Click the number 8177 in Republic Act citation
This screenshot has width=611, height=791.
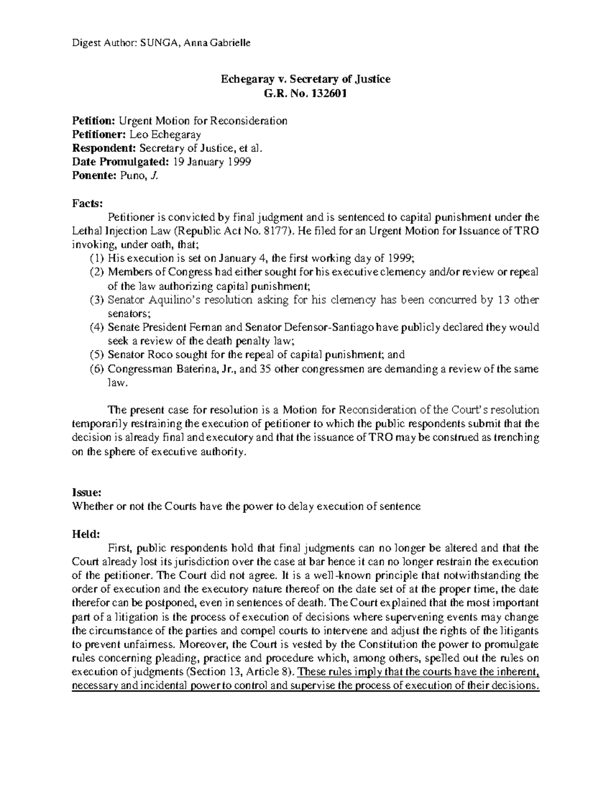coord(277,231)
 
